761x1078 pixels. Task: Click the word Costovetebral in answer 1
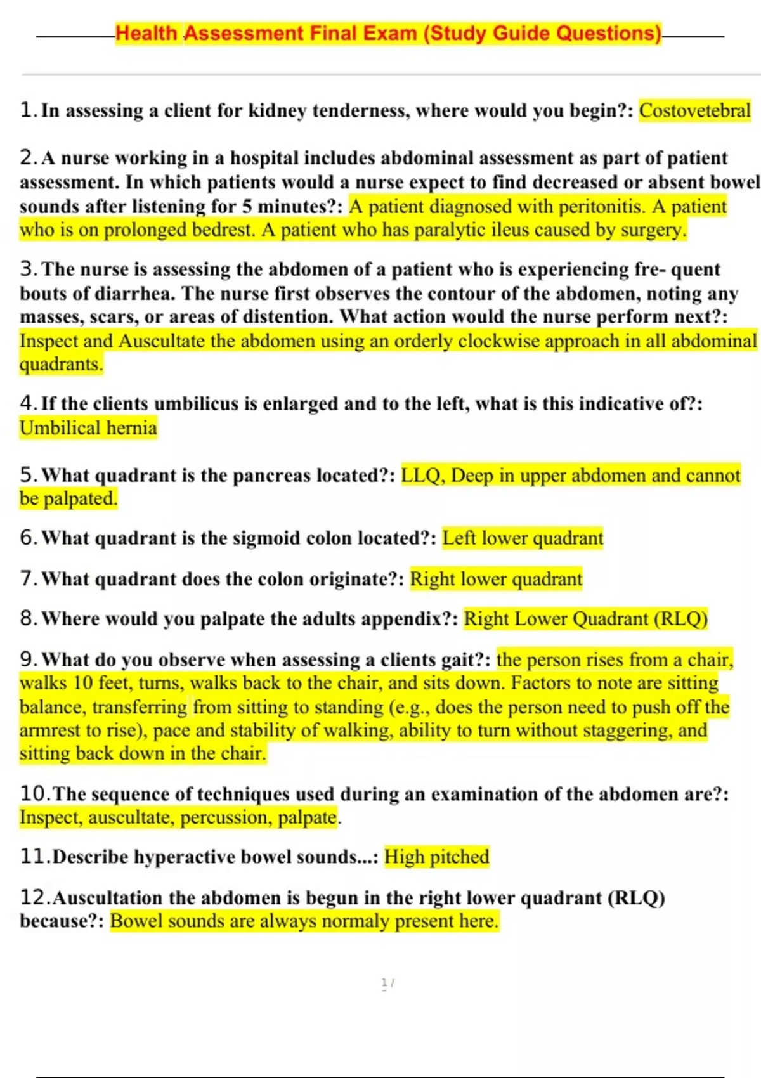pos(694,111)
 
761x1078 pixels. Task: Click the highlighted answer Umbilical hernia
pos(88,428)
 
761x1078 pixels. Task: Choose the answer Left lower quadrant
pos(523,538)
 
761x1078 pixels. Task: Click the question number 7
pos(27,579)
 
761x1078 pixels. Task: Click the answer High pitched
pos(437,857)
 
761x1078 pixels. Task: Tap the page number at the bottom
pos(387,983)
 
